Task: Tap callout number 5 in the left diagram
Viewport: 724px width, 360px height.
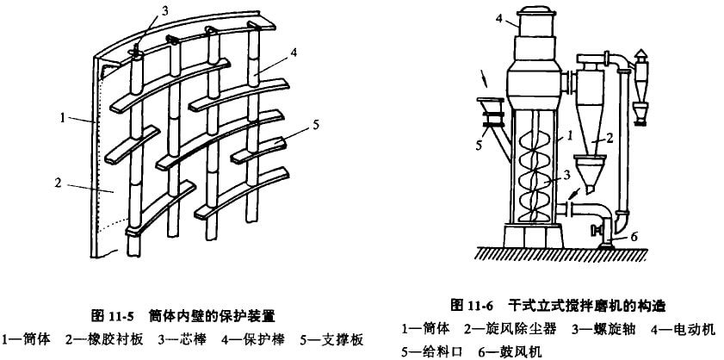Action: pos(318,124)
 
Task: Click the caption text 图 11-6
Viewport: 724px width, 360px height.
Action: pos(475,306)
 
